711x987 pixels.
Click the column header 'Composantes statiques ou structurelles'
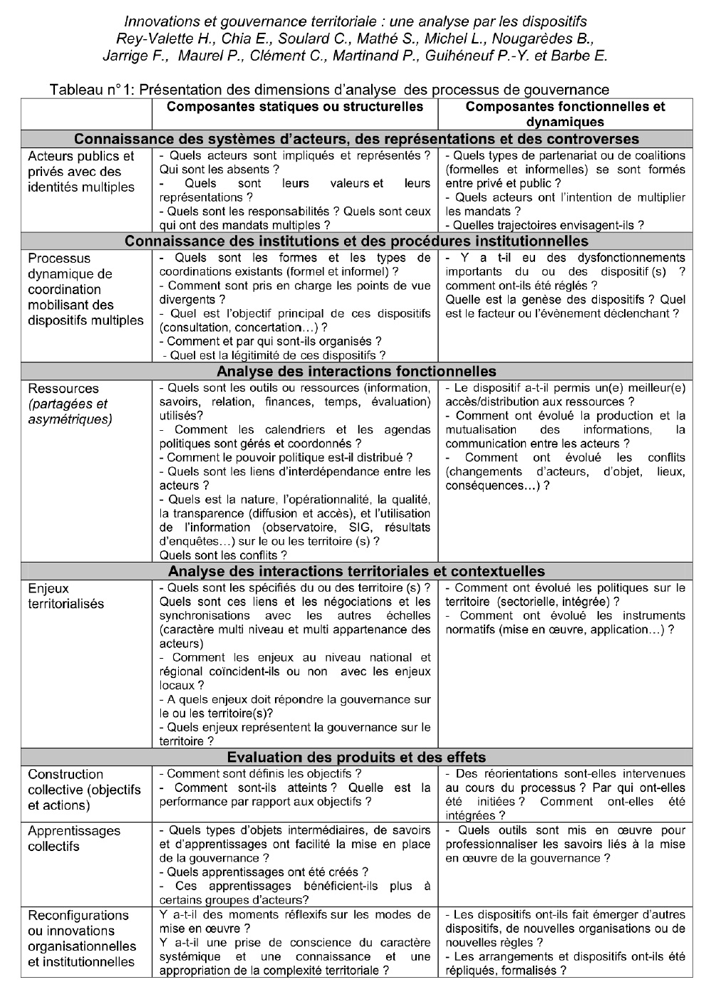coord(294,107)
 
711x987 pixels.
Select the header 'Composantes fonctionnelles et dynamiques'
coord(565,114)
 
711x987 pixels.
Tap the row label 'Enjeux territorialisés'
coord(66,596)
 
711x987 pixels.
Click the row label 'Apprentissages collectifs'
coord(74,838)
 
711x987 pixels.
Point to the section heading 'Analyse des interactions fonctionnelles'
coord(356,371)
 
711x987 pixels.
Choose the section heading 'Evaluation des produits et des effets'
coord(356,757)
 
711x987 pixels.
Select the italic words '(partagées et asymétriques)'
coord(70,412)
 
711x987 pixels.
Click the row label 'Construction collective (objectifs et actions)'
coord(84,790)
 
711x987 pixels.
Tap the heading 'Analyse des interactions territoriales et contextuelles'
coord(356,571)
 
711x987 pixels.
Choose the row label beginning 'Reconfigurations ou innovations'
coord(82,939)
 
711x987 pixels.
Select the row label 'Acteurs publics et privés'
coord(81,172)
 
